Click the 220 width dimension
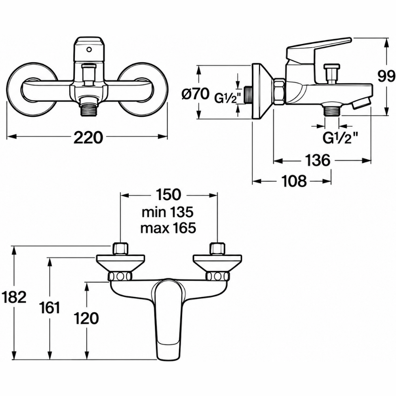click(x=88, y=137)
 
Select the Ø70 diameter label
click(x=196, y=94)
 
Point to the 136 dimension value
click(x=318, y=160)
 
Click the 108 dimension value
click(x=294, y=181)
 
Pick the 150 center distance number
click(x=168, y=194)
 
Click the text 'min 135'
click(x=168, y=212)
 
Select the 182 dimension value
click(x=13, y=297)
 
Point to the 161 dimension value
click(x=50, y=307)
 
